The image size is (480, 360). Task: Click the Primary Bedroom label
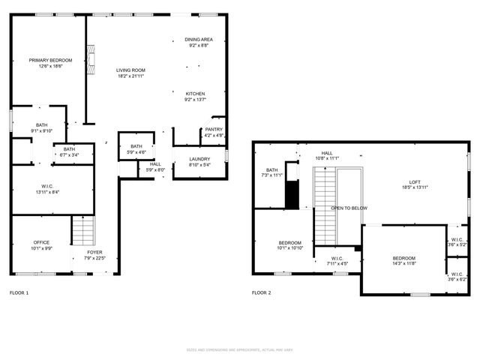coord(51,60)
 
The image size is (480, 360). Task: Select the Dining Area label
coord(199,39)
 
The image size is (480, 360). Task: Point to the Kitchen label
coord(195,94)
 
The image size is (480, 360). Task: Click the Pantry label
coord(214,129)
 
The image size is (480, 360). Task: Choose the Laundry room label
coord(199,158)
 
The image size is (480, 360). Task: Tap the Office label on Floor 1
coord(41,242)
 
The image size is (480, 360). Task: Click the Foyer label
coord(94,252)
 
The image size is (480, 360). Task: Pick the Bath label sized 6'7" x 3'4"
coord(69,149)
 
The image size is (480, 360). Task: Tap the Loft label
coord(415,181)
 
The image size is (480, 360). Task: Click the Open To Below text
coord(349,208)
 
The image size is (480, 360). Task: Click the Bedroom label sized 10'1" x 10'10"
coord(290,242)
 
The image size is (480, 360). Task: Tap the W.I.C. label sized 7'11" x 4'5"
coord(337,258)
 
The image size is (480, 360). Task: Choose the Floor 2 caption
coord(261,292)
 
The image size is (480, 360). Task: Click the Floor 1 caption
coord(19,292)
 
